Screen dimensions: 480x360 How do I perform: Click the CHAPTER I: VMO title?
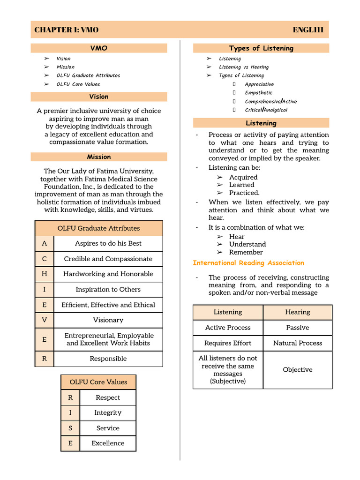66,30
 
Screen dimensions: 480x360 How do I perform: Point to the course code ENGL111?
308,30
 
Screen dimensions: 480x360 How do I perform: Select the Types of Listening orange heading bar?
261,48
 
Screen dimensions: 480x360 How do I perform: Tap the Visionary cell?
108,320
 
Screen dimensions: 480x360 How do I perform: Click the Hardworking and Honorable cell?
108,274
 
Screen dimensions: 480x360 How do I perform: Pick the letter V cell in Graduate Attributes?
45,320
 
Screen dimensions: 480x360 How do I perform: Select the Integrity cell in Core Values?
108,413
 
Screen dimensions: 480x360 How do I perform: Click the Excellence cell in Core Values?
108,443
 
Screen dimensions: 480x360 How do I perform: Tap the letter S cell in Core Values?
70,428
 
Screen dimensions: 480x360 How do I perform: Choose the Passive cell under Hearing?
298,328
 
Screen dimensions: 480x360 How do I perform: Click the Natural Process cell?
298,343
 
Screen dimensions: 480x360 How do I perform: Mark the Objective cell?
298,370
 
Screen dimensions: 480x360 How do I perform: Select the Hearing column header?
298,312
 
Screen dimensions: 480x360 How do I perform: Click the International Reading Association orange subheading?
248,263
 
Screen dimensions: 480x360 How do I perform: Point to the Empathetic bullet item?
258,93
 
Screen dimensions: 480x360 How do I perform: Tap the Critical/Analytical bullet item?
266,110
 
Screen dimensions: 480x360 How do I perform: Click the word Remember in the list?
246,252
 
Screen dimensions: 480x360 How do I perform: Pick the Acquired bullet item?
243,177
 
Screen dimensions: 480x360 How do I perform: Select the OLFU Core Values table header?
98,382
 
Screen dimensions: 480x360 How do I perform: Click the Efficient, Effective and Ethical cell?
108,305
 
